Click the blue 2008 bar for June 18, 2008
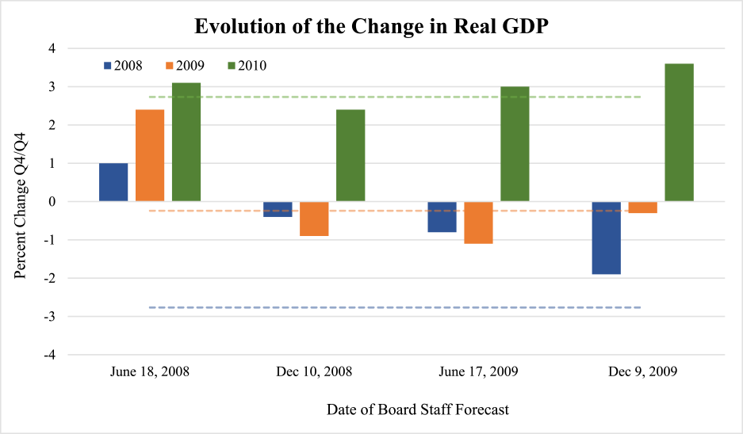point(113,182)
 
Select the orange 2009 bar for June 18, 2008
point(150,155)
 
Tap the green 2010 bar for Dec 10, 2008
point(350,155)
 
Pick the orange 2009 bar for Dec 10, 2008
point(314,219)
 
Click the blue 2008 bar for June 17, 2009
point(442,217)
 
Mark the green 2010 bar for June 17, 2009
point(515,144)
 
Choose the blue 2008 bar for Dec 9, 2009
point(606,238)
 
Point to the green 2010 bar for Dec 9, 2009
point(679,132)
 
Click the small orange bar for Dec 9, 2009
point(642,207)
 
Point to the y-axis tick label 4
point(52,48)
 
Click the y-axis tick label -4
point(49,355)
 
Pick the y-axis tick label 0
point(52,202)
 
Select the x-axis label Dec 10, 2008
point(314,371)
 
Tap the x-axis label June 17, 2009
point(478,371)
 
